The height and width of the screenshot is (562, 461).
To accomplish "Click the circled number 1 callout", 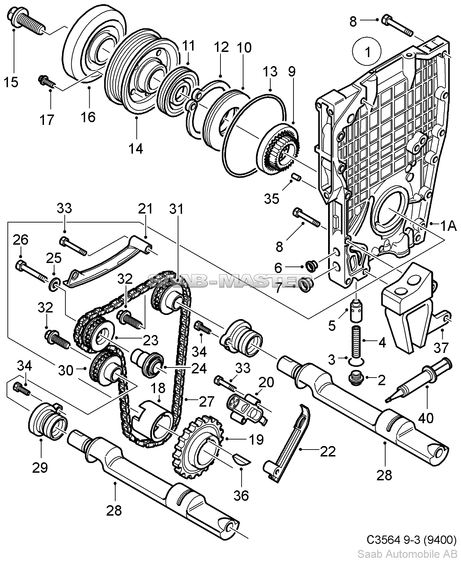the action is pos(367,52).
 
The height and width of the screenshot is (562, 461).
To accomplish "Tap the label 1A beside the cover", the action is pos(448,226).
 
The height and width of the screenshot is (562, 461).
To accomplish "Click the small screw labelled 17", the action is pos(46,81).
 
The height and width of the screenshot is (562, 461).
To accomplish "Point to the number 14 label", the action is pos(136,148).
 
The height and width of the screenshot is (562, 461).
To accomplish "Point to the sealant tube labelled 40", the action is pos(418,380).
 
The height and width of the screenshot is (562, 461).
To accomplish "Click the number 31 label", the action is pos(177,209).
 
